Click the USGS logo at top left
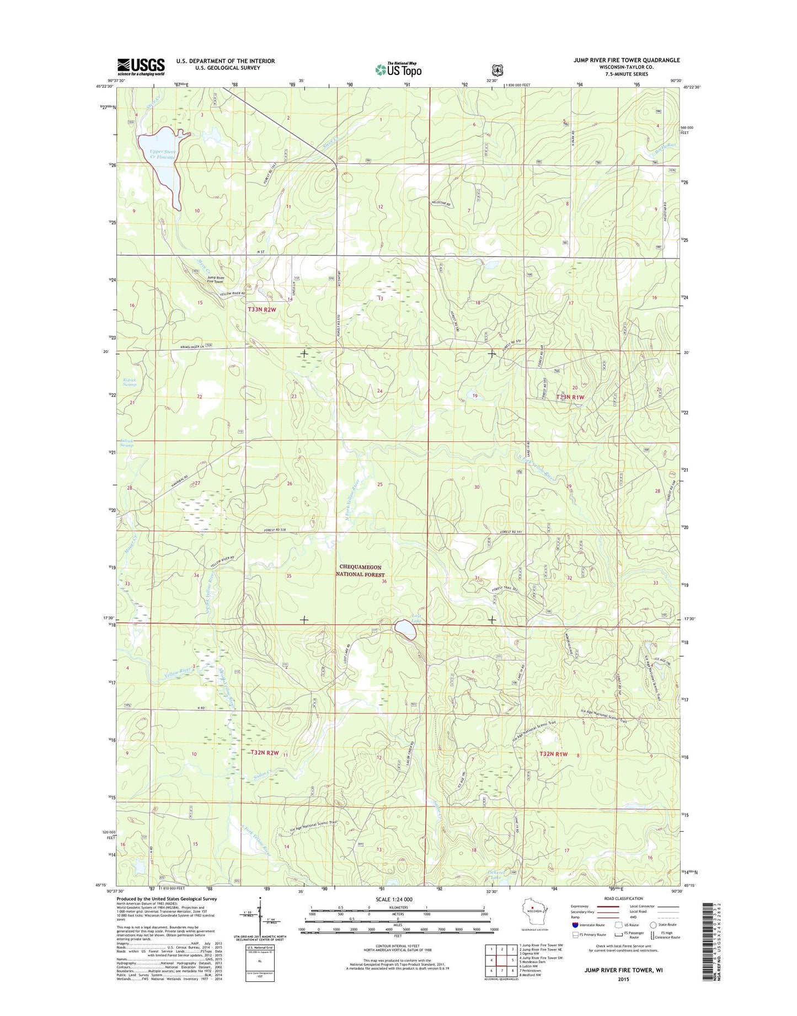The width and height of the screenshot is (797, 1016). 141,67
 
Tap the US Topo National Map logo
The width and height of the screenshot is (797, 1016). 398,69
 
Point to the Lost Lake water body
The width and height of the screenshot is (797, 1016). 406,629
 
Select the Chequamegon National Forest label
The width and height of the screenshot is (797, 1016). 360,570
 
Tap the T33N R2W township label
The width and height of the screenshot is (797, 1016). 261,310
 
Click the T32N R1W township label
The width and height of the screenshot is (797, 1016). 554,753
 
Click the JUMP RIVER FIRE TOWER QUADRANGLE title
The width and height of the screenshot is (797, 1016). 627,60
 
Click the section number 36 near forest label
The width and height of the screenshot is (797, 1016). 384,581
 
